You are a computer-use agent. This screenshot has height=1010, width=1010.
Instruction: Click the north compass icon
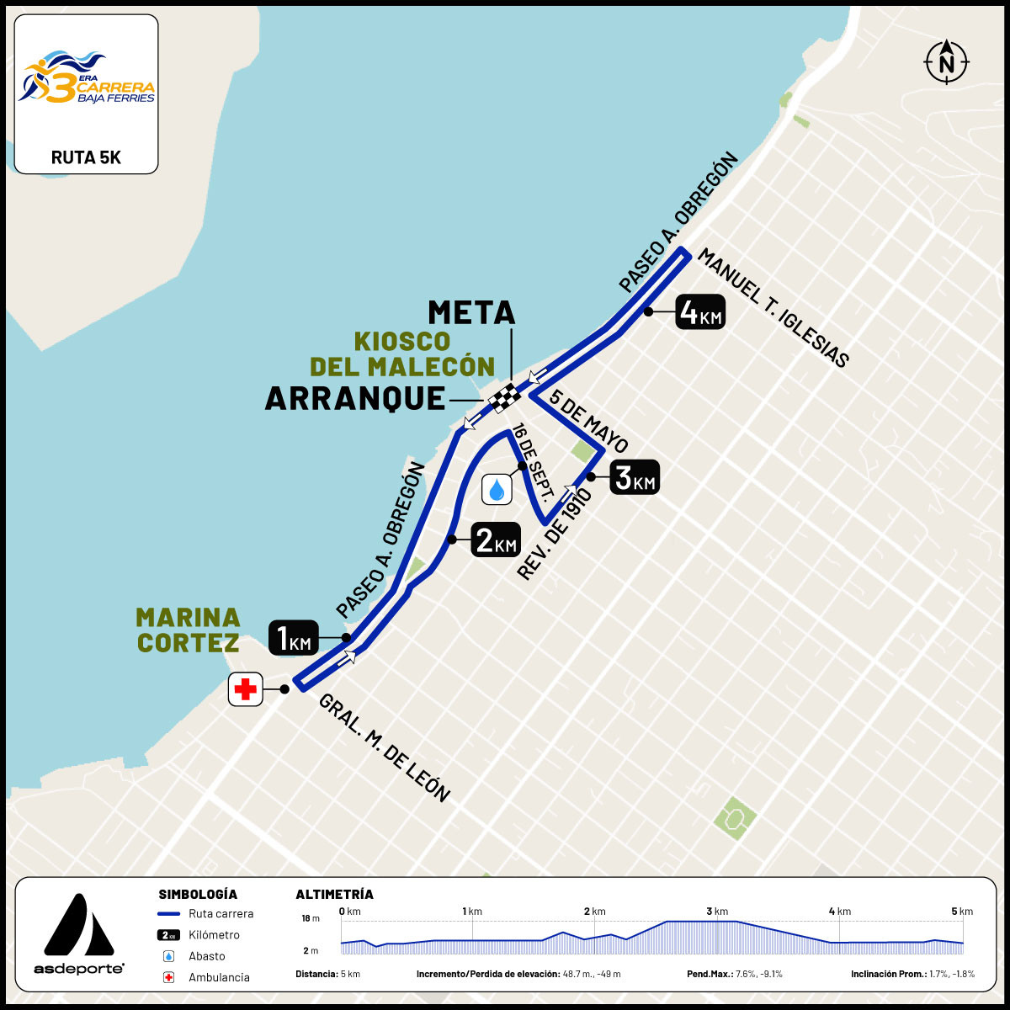pos(947,61)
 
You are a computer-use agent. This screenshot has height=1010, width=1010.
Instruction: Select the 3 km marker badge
pos(634,477)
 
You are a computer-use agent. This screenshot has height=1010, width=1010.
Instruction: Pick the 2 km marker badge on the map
pos(495,540)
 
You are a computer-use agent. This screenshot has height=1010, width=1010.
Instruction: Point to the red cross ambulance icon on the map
pos(246,689)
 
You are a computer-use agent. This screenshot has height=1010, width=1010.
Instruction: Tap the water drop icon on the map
pos(497,489)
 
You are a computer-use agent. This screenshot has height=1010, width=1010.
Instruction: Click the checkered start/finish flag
pos(506,396)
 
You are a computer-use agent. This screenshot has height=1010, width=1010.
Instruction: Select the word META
pos(471,312)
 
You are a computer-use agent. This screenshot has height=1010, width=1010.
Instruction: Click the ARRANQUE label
pos(354,398)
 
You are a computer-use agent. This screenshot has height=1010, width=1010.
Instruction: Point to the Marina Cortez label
pos(188,630)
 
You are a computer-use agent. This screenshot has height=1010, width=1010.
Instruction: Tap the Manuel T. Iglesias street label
pos(773,308)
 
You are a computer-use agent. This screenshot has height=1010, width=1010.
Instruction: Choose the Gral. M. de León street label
pos(385,747)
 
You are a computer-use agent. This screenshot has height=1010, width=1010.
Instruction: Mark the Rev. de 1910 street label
pos(555,534)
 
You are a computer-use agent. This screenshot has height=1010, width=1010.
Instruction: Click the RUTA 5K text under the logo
pos(86,157)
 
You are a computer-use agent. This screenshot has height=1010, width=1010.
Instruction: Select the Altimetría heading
pos(334,894)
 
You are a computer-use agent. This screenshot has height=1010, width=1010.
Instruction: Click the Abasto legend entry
pos(206,956)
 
